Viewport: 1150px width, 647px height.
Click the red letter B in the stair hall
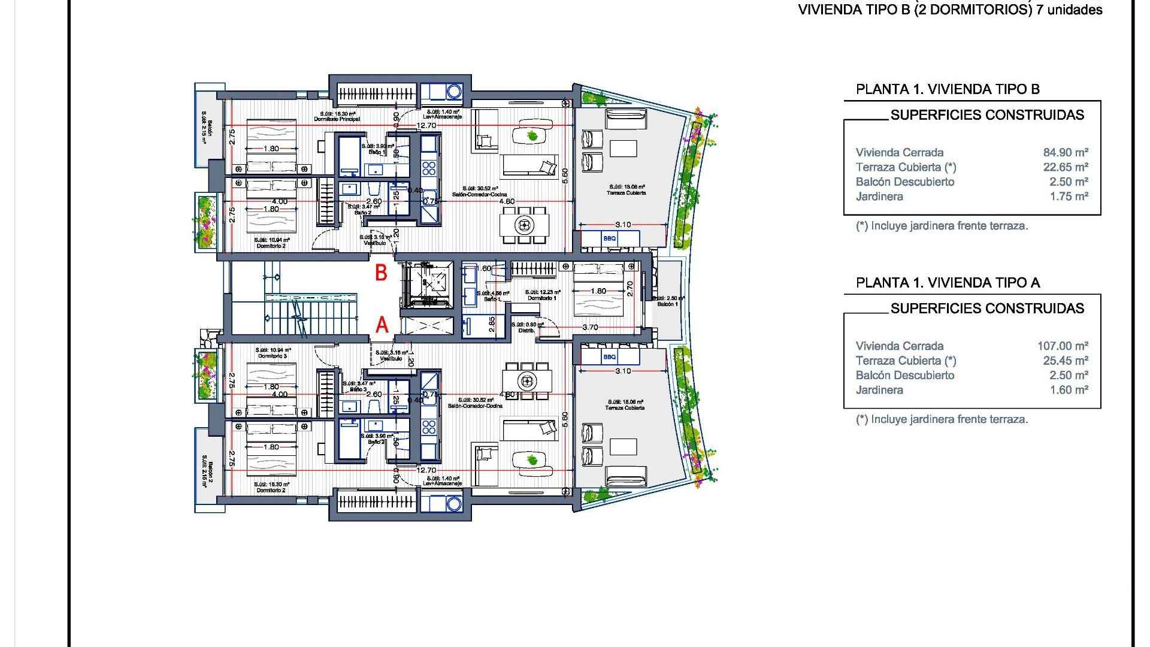pyautogui.click(x=381, y=273)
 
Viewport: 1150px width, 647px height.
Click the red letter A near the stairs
pyautogui.click(x=382, y=325)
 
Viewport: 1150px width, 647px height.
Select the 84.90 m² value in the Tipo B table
pyautogui.click(x=1066, y=153)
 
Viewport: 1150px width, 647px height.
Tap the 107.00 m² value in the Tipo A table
pyautogui.click(x=1063, y=346)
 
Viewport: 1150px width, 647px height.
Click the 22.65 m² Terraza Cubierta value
pyautogui.click(x=1066, y=167)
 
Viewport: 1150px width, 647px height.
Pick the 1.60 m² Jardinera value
pyautogui.click(x=1069, y=390)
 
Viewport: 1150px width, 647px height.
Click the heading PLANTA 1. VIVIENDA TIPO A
pyautogui.click(x=948, y=283)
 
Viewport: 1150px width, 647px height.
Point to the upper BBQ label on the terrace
pyautogui.click(x=609, y=238)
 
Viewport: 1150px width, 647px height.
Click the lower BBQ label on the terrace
pyautogui.click(x=609, y=357)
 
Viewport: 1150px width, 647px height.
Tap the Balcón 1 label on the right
pyautogui.click(x=668, y=304)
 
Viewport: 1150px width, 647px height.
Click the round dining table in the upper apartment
pyautogui.click(x=524, y=225)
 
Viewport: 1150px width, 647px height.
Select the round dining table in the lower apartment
pyautogui.click(x=527, y=380)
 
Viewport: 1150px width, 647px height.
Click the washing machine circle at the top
pyautogui.click(x=454, y=92)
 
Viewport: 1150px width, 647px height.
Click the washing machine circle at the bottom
pyautogui.click(x=454, y=503)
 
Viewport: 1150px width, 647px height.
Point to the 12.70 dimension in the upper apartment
pyautogui.click(x=426, y=126)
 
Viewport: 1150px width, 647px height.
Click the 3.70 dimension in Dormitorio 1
pyautogui.click(x=590, y=327)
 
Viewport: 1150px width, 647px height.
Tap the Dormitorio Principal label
pyautogui.click(x=337, y=119)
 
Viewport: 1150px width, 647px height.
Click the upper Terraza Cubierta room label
pyautogui.click(x=626, y=193)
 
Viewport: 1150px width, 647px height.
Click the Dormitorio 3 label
pyautogui.click(x=273, y=356)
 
